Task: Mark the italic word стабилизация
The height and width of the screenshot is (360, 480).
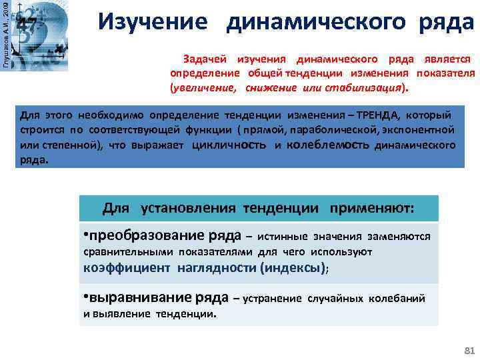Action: (370, 87)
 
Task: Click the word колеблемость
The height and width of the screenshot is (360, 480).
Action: (329, 145)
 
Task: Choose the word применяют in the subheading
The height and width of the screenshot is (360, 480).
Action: (371, 208)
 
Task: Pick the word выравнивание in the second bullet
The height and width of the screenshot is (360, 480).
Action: (132, 298)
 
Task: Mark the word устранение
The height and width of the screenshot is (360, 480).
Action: (273, 299)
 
